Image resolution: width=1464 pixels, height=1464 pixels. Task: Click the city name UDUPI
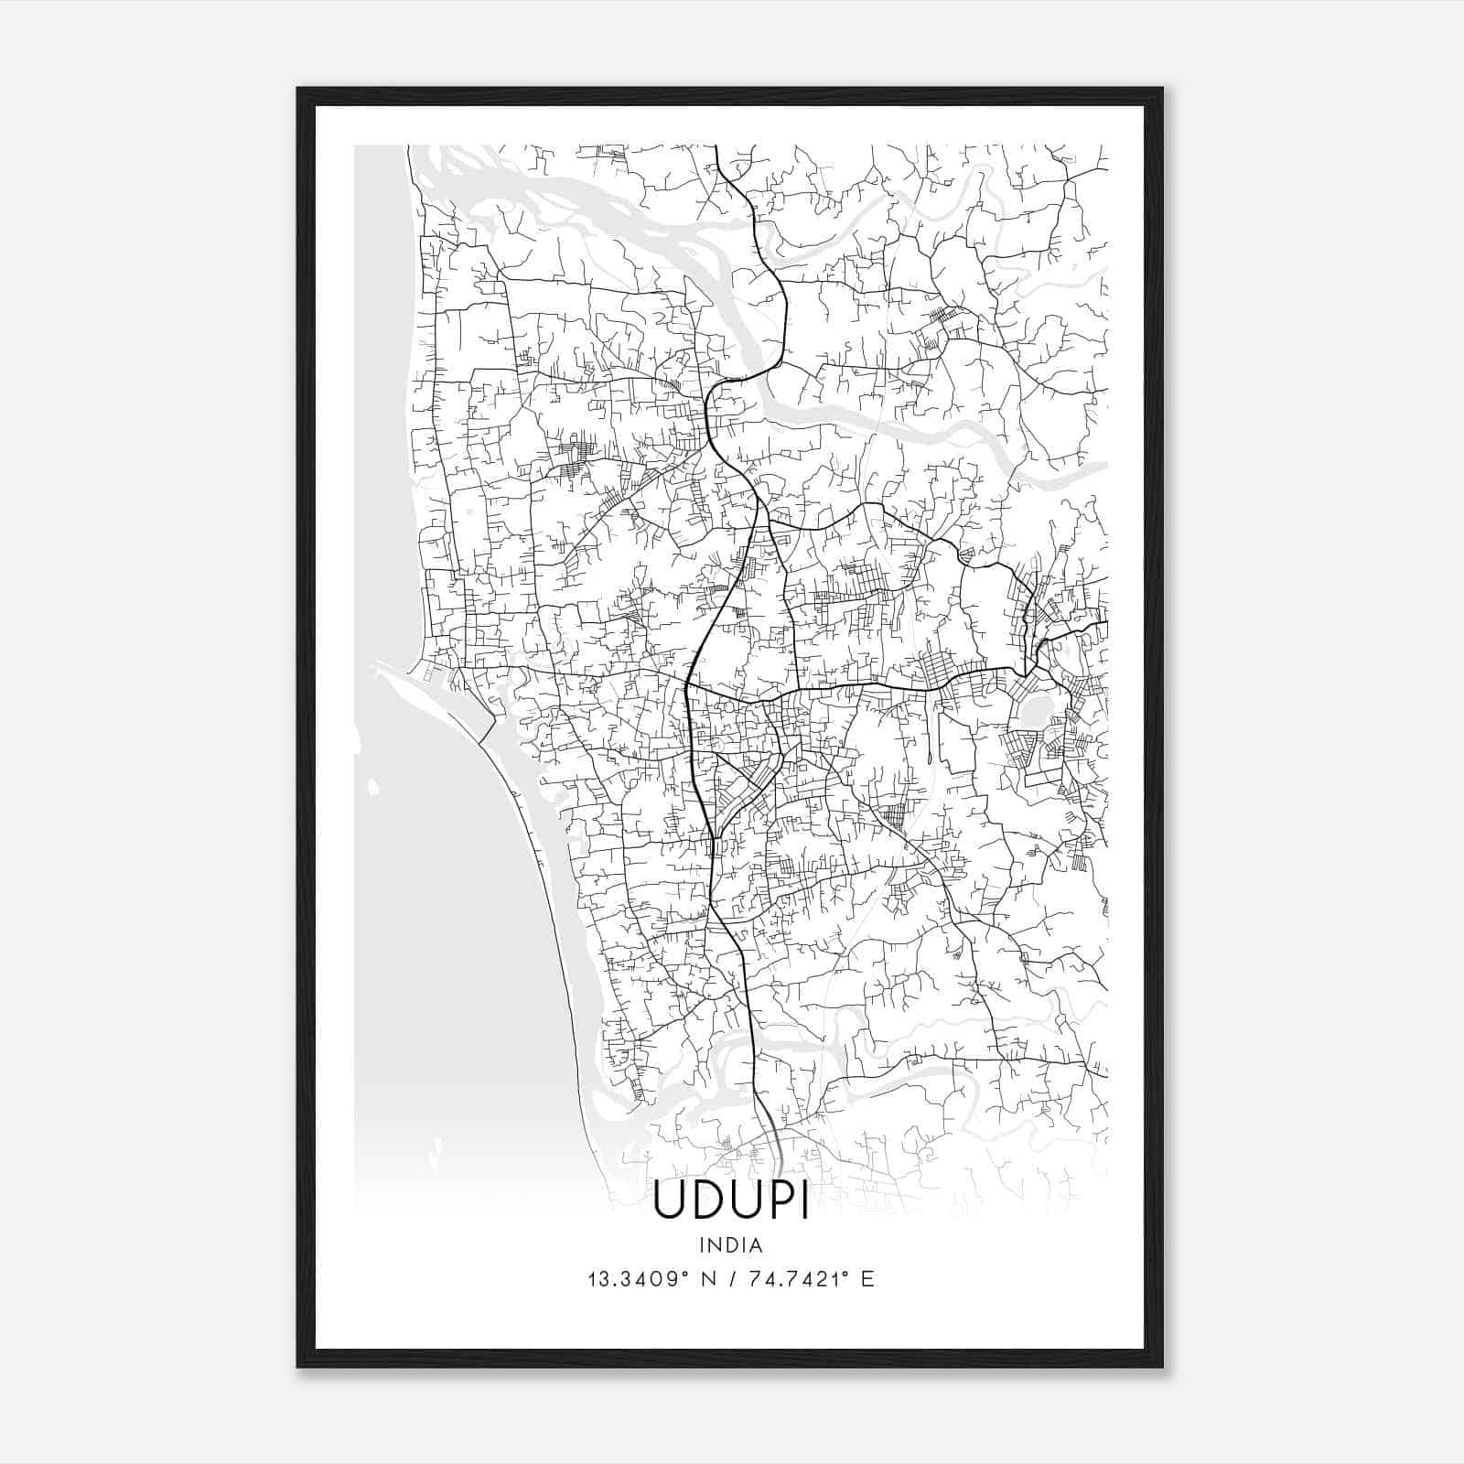click(731, 1202)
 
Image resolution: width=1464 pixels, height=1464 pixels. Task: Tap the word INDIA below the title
click(731, 1245)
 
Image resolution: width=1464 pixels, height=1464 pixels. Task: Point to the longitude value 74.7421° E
click(811, 1278)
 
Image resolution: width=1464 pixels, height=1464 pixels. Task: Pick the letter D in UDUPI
click(705, 1202)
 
